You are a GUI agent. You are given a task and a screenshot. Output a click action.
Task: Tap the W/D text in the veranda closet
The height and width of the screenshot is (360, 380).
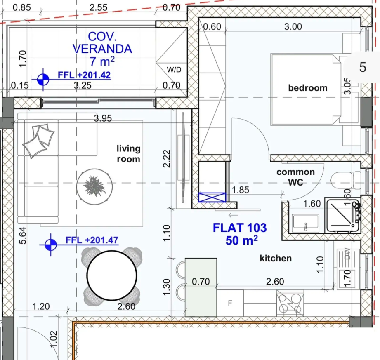point(174,70)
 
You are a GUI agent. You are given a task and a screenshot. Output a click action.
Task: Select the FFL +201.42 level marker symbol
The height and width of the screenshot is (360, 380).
point(41,79)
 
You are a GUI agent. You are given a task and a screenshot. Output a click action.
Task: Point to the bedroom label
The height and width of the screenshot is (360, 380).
point(307,88)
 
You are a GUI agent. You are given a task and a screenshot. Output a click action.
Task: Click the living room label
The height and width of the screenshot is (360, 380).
point(128,153)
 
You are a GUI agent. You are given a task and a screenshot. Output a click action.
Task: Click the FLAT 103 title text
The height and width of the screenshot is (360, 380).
point(239,228)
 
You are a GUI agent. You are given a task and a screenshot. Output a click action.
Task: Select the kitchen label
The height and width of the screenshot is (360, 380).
point(276,259)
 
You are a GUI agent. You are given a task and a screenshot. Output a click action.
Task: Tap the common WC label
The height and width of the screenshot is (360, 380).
point(295,176)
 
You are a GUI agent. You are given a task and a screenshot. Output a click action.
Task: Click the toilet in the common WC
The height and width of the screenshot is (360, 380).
point(343,180)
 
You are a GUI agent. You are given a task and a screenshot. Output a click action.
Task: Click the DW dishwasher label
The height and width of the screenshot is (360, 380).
point(347,255)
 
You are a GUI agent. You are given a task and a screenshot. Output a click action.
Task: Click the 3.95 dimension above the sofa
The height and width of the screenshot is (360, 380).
point(103,119)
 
